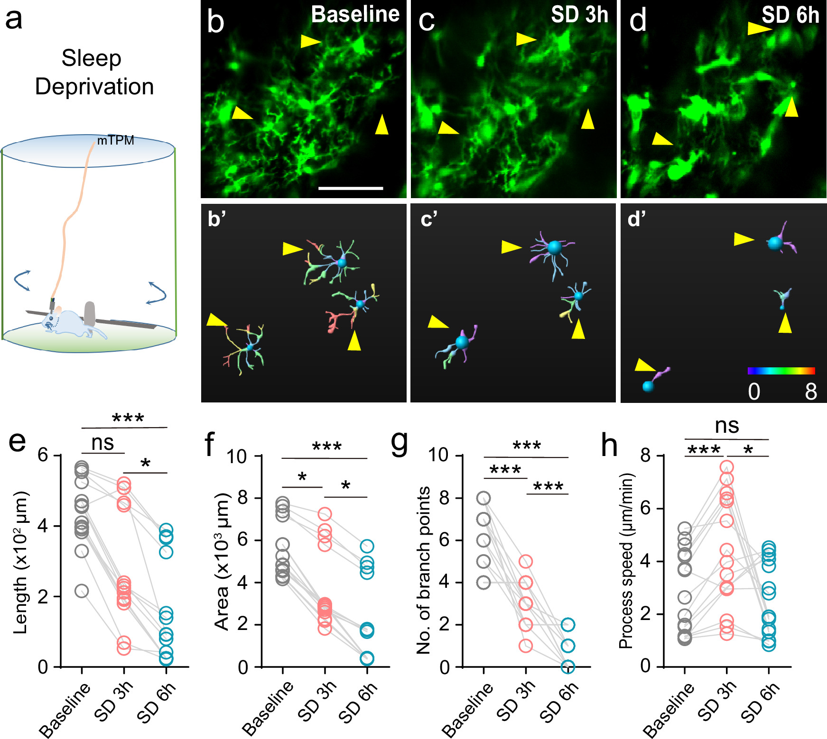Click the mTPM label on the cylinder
coord(115,140)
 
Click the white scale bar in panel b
coord(351,188)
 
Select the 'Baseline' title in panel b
coord(355,15)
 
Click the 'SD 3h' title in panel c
coord(579,15)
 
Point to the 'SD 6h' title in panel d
coord(790,15)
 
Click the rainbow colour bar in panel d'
coord(781,371)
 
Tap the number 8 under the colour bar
coord(811,392)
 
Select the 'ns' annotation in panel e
coord(102,443)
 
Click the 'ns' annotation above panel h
coord(727,425)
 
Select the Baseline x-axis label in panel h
coord(669,710)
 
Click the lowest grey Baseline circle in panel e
coord(82,591)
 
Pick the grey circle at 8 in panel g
coord(483,498)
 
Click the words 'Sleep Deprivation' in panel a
coord(94,73)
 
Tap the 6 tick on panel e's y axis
coord(43,455)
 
